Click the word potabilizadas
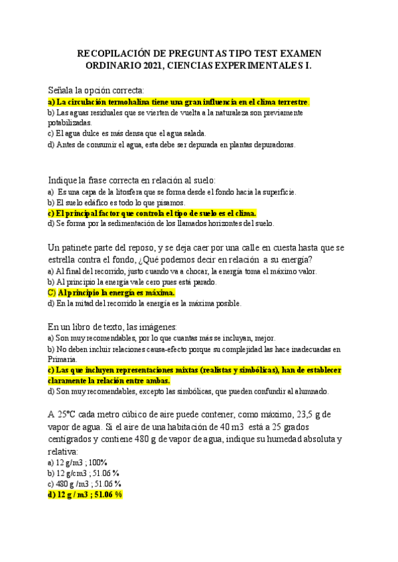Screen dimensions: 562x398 (x=70, y=123)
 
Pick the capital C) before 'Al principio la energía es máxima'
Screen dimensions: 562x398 (x=52, y=292)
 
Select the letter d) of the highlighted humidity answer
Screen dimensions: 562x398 (x=52, y=494)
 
